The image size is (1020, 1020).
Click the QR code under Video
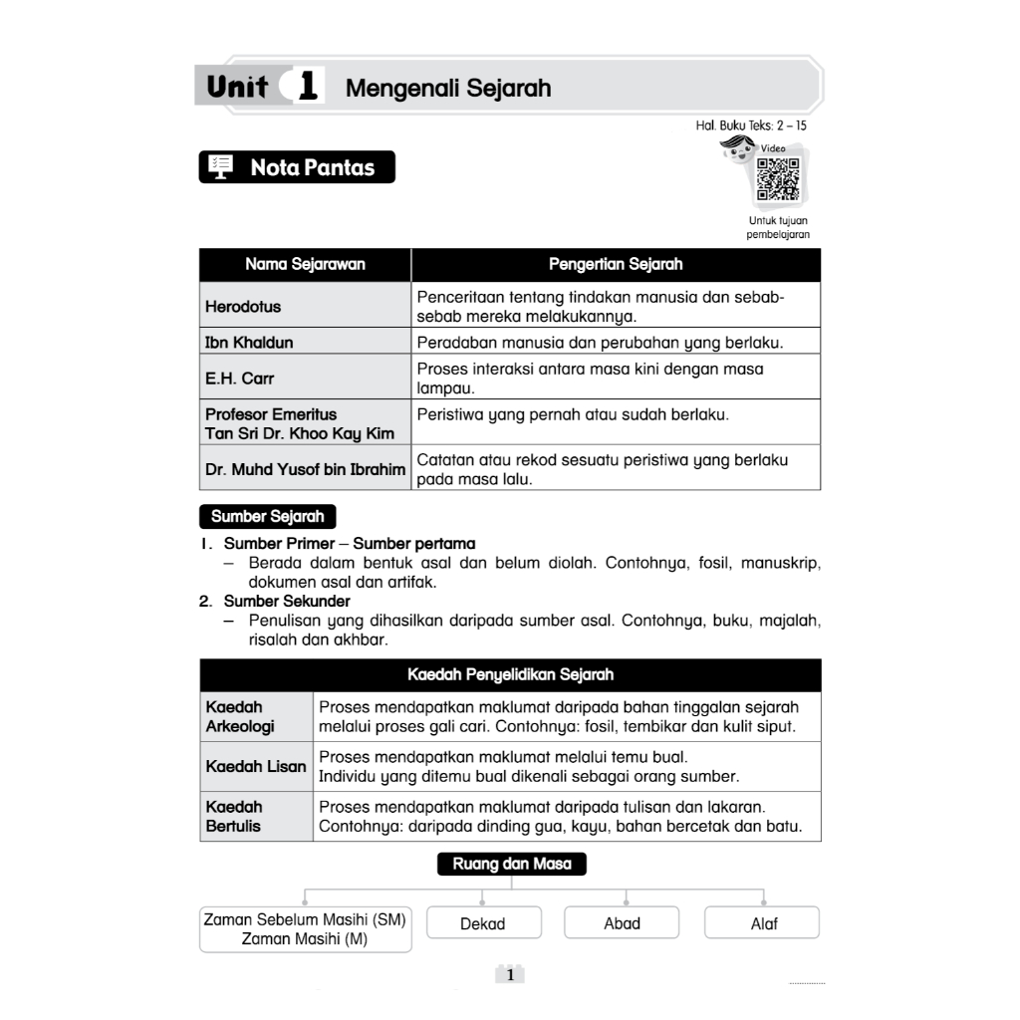click(x=778, y=180)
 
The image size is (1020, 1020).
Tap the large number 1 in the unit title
click(x=307, y=87)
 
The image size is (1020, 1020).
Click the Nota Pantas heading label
click(x=312, y=167)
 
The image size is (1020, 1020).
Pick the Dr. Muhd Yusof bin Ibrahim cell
click(x=305, y=468)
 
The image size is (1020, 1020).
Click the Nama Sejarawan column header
click(x=305, y=264)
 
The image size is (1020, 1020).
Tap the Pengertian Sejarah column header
click(x=616, y=264)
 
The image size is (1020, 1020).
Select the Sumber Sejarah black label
click(x=267, y=517)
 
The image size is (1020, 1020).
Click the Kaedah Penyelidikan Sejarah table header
click(x=510, y=674)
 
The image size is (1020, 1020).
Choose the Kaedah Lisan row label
click(x=256, y=766)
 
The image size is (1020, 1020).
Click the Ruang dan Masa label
click(x=512, y=864)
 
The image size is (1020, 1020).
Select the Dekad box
click(x=483, y=923)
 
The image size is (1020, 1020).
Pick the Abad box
click(x=622, y=923)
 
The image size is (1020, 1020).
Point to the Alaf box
click(x=763, y=923)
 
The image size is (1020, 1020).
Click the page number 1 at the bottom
click(x=510, y=975)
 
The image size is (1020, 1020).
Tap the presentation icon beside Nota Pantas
click(x=221, y=167)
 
